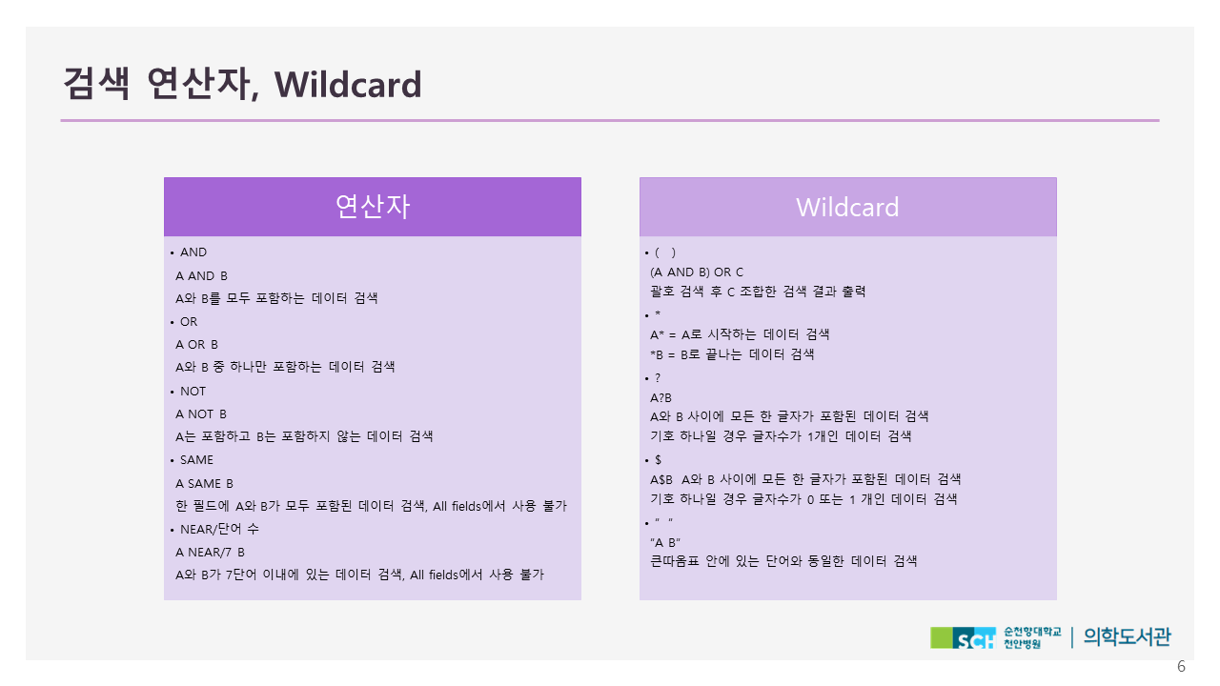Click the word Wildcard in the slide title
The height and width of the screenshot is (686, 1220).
[348, 85]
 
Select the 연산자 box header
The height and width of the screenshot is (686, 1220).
[373, 207]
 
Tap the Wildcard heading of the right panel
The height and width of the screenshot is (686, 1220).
[847, 208]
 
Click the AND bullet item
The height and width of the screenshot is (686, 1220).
[193, 252]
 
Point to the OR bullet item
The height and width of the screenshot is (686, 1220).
[189, 322]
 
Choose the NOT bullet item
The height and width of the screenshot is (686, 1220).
[193, 392]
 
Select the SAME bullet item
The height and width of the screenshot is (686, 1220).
[196, 460]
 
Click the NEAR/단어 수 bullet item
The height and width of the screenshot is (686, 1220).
[219, 529]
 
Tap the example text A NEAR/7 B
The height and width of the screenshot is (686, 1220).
[211, 552]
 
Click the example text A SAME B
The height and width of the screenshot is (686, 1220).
[204, 483]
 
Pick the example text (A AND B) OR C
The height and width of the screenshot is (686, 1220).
[697, 272]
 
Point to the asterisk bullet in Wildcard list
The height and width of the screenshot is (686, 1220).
[658, 313]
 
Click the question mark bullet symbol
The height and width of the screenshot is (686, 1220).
[658, 378]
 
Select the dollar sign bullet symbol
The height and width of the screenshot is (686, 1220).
[658, 460]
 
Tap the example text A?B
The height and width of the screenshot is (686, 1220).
[661, 398]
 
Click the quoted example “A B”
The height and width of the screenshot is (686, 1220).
[665, 543]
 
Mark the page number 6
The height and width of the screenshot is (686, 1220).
[1181, 666]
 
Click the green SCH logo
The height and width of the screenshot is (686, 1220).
[963, 638]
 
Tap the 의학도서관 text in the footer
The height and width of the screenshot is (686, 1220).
[1127, 637]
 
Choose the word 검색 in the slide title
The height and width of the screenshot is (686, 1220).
[96, 84]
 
